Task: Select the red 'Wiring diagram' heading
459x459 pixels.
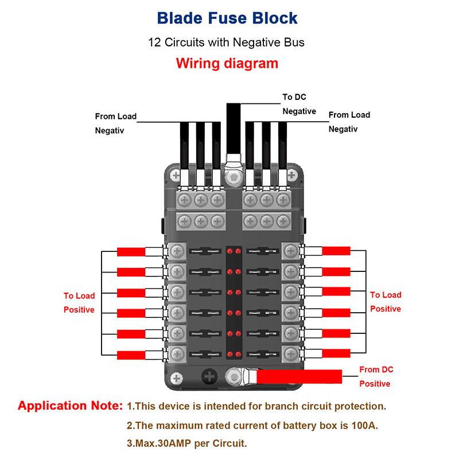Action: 228,63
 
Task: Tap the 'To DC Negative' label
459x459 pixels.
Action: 299,104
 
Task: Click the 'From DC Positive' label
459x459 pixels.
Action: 376,376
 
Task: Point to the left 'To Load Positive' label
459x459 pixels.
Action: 79,302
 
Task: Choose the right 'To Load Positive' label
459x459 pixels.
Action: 385,301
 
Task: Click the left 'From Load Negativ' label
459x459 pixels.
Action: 115,123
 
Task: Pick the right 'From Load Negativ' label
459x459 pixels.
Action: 349,122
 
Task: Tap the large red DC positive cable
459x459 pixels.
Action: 298,376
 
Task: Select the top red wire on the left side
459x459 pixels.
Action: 131,251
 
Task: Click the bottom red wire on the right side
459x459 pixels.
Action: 336,352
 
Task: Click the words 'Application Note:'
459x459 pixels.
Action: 71,406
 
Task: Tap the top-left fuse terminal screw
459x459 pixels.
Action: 177,251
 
